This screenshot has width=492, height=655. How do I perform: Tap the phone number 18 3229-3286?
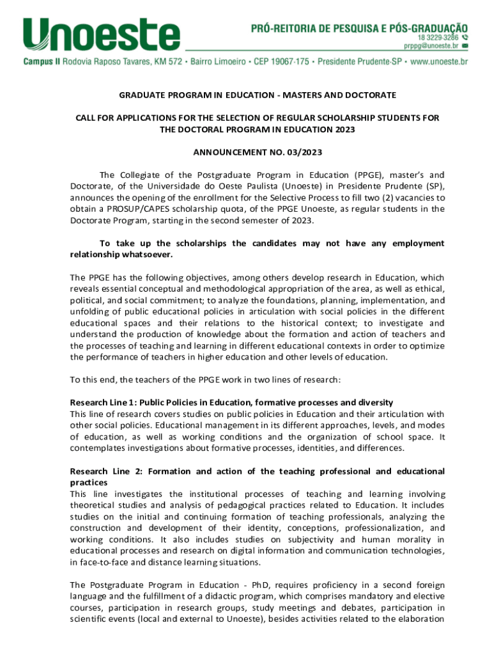point(434,38)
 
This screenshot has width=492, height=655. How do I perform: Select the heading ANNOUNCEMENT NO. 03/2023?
point(258,152)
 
